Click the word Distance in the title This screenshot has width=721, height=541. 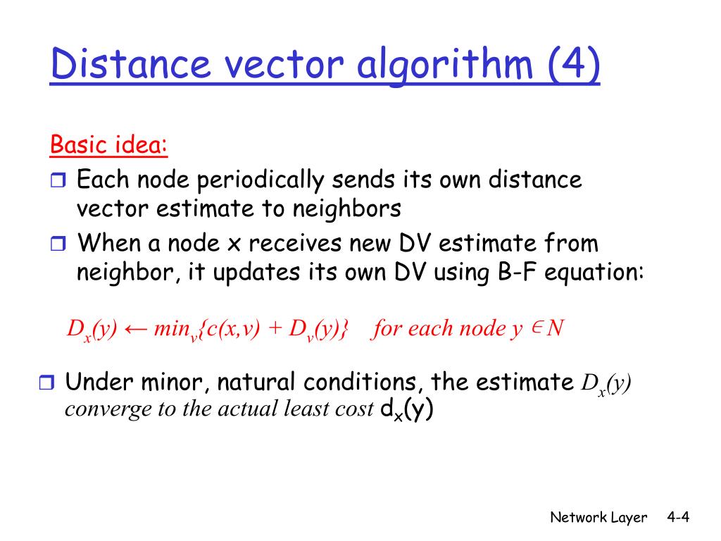coord(130,65)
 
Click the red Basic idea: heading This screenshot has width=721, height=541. coord(109,147)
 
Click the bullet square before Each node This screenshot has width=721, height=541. coord(57,182)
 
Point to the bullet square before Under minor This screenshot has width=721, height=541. coord(46,384)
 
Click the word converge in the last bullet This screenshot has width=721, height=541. coord(96,410)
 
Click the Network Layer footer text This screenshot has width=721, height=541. coord(598,518)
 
